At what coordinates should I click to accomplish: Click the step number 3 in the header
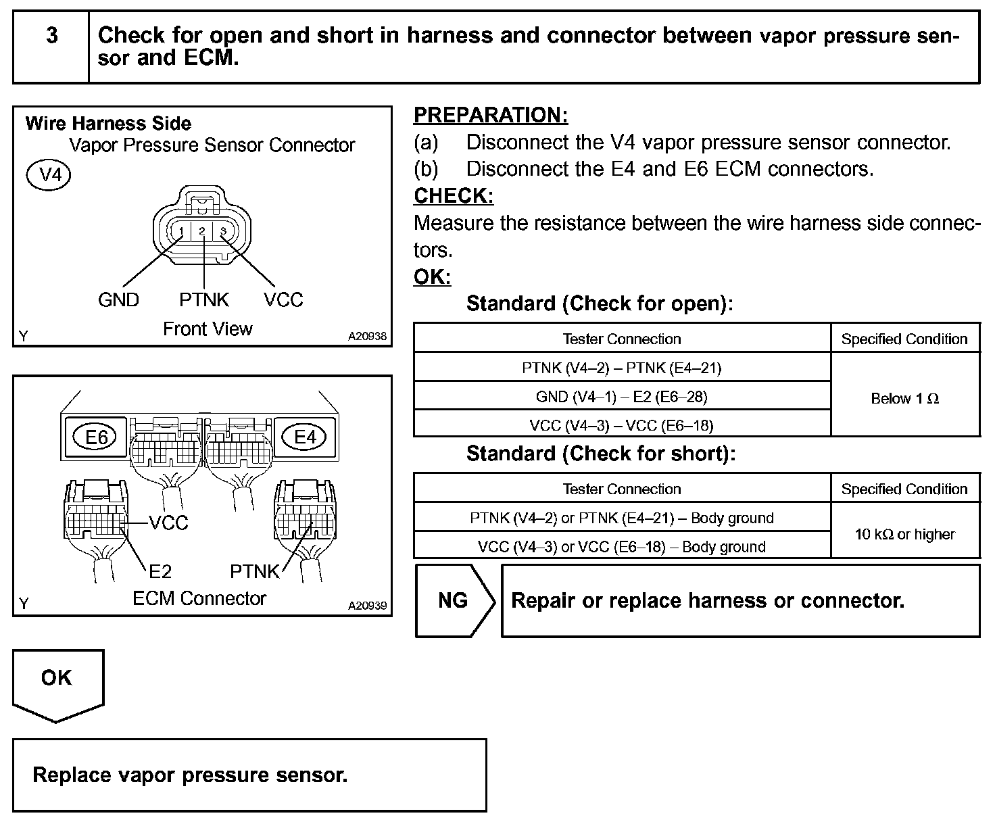[x=51, y=36]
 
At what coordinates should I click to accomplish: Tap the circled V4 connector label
[x=48, y=176]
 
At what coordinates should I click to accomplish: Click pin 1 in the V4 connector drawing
[x=181, y=232]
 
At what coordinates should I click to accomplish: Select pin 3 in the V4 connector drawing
[x=224, y=232]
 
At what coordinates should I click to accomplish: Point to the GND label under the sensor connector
[x=118, y=300]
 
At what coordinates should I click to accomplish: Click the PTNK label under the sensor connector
[x=204, y=300]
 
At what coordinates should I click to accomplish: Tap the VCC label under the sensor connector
[x=283, y=300]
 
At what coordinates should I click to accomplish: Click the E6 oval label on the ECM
[x=97, y=437]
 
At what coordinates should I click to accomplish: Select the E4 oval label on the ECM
[x=306, y=437]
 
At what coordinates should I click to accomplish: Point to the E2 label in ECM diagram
[x=160, y=572]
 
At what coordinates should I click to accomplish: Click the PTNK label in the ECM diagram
[x=254, y=572]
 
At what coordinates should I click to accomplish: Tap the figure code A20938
[x=368, y=336]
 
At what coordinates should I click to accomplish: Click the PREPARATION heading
[x=491, y=116]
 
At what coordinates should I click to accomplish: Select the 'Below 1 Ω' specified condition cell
[x=905, y=399]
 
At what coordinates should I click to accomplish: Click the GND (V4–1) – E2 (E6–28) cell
[x=622, y=397]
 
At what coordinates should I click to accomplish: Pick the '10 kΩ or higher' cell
[x=905, y=535]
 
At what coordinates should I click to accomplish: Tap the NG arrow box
[x=454, y=600]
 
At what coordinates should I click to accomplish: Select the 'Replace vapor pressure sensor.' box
[x=249, y=775]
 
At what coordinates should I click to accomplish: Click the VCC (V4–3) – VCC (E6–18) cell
[x=622, y=425]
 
